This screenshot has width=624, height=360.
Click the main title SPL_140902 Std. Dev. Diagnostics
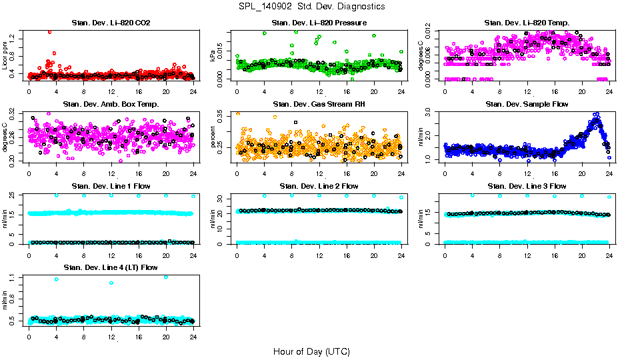click(311, 7)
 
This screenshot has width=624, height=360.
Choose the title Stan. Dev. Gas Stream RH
click(319, 104)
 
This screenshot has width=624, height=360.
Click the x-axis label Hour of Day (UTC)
click(311, 351)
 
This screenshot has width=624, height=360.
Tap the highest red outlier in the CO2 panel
click(49, 32)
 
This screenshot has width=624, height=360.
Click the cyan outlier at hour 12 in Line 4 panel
click(111, 283)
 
